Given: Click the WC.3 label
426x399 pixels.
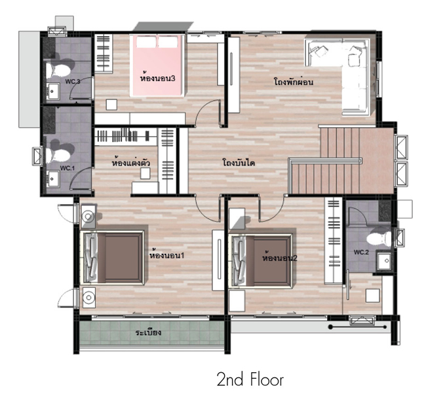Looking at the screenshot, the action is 73,81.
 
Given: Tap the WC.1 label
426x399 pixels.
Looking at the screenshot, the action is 67,168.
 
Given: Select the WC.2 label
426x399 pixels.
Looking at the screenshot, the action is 361,252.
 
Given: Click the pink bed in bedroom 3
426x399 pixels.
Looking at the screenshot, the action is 157,65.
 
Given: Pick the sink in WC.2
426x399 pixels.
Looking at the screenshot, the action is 384,261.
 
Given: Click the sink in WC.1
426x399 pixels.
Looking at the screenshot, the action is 53,179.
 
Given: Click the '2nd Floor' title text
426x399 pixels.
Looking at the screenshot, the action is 250,380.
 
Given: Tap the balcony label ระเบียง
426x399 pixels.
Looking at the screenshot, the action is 148,332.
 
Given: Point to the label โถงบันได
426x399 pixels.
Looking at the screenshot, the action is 239,163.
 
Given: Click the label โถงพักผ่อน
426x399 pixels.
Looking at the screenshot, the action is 294,81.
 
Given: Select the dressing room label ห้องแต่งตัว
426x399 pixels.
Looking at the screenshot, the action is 130,163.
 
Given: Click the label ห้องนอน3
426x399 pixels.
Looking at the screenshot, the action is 157,78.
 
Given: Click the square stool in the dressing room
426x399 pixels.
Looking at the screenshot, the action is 145,173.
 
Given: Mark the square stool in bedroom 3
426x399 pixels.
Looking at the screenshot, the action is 111,105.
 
